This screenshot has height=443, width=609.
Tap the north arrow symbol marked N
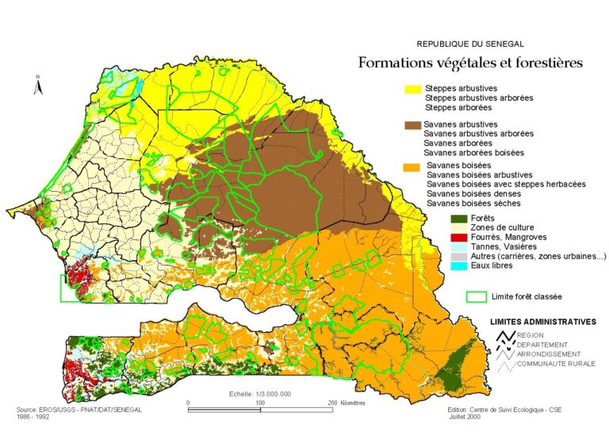[36, 86]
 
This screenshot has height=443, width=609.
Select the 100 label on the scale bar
[260, 403]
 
